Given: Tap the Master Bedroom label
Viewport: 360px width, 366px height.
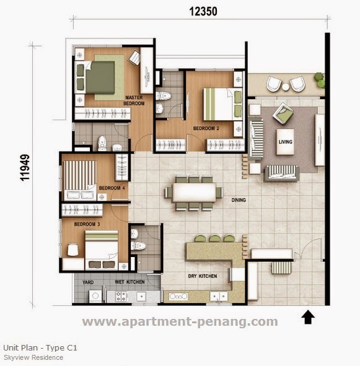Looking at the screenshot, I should coord(134,100).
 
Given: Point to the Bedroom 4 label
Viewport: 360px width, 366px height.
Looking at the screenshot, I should coord(111,188).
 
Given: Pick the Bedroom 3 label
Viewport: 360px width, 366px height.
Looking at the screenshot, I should coord(87,224).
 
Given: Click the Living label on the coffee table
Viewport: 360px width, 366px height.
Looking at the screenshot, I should coord(286,142).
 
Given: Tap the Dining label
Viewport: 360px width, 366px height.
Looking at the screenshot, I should coord(239,200).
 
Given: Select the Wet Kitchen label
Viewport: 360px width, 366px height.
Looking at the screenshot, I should coord(130,282).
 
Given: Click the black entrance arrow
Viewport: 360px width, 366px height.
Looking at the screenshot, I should coord(309,318).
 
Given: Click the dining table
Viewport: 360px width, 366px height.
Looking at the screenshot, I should coord(195,191).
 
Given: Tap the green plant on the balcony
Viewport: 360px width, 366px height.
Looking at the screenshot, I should coord(319,79).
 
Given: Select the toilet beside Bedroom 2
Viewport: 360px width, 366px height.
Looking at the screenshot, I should coord(164,97).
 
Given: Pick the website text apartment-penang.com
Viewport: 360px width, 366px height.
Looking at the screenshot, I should coord(180,321).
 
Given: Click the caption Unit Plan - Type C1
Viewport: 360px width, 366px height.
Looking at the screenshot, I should coord(40,348).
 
